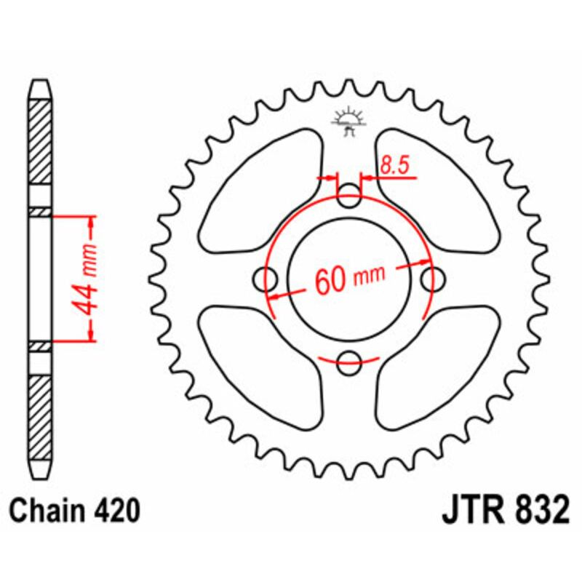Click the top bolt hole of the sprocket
[351, 194]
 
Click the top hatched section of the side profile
[41, 145]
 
